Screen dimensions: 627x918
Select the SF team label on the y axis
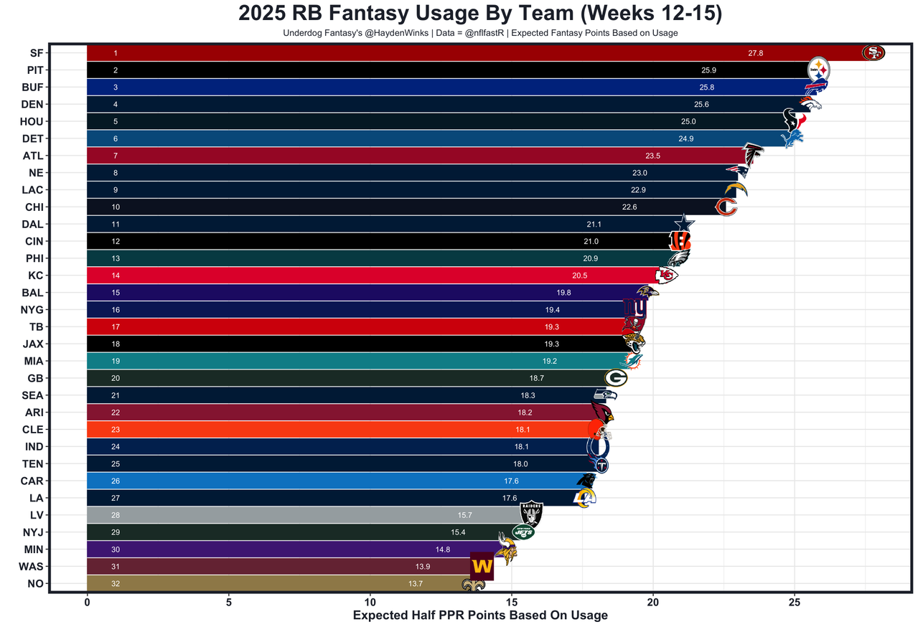pyautogui.click(x=36, y=53)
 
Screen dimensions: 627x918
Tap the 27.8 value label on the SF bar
pyautogui.click(x=755, y=53)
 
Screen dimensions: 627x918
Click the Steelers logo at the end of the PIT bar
pyautogui.click(x=819, y=70)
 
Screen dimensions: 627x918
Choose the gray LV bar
pyautogui.click(x=301, y=515)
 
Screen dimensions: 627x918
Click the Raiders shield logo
pyautogui.click(x=531, y=514)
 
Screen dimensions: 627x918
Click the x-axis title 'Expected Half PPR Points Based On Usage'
pyautogui.click(x=479, y=616)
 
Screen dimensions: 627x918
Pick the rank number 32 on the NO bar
pyautogui.click(x=116, y=584)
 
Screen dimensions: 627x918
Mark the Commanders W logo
pyautogui.click(x=482, y=566)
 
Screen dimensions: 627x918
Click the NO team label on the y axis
pyautogui.click(x=35, y=584)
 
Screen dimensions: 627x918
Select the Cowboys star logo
pyautogui.click(x=684, y=224)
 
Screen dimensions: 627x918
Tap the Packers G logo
pyautogui.click(x=615, y=378)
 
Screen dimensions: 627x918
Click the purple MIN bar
pyautogui.click(x=287, y=550)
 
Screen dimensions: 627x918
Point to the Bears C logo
pyautogui.click(x=726, y=207)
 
